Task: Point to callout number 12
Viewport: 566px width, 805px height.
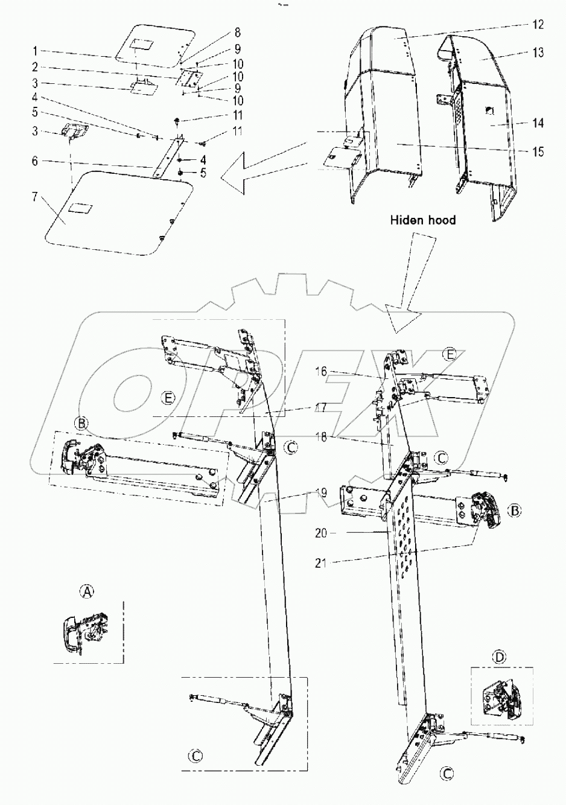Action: click(x=537, y=25)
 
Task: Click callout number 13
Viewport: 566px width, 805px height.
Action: click(x=537, y=53)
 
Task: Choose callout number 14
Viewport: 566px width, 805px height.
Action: click(x=537, y=123)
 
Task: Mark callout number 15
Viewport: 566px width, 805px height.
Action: click(x=537, y=152)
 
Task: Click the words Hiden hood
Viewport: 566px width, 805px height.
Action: click(x=422, y=220)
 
